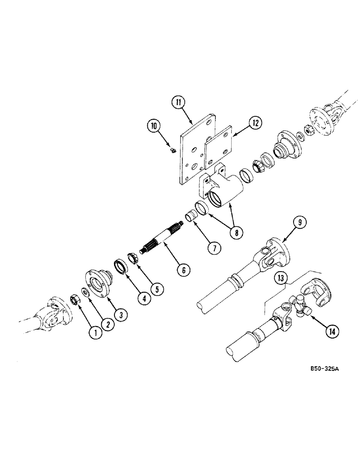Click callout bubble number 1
96,333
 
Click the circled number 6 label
183,270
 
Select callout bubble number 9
300,222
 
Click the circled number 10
154,125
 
